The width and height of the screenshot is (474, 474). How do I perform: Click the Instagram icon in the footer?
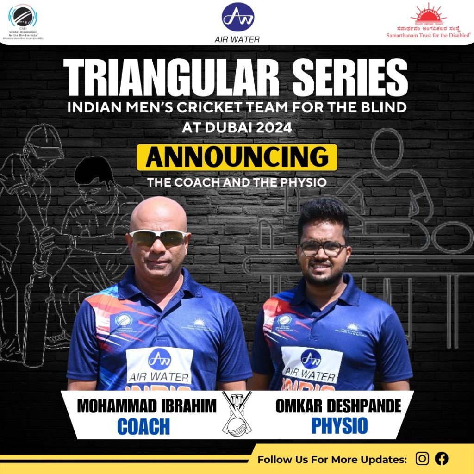coord(422,459)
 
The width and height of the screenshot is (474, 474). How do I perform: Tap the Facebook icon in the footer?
coord(442,459)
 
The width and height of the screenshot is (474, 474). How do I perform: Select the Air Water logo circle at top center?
coord(237,17)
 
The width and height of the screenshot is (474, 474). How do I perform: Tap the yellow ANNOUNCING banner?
coord(237,157)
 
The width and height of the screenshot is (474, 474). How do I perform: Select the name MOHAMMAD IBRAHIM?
coord(146,406)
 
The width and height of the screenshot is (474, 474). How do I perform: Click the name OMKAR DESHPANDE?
coord(338,406)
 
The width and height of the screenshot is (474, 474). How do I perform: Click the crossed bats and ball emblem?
coord(237,412)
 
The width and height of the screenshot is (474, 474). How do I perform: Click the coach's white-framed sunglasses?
coord(158,237)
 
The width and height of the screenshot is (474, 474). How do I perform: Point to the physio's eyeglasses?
coord(322,249)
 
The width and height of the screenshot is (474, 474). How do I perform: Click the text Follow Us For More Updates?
coord(332,460)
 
